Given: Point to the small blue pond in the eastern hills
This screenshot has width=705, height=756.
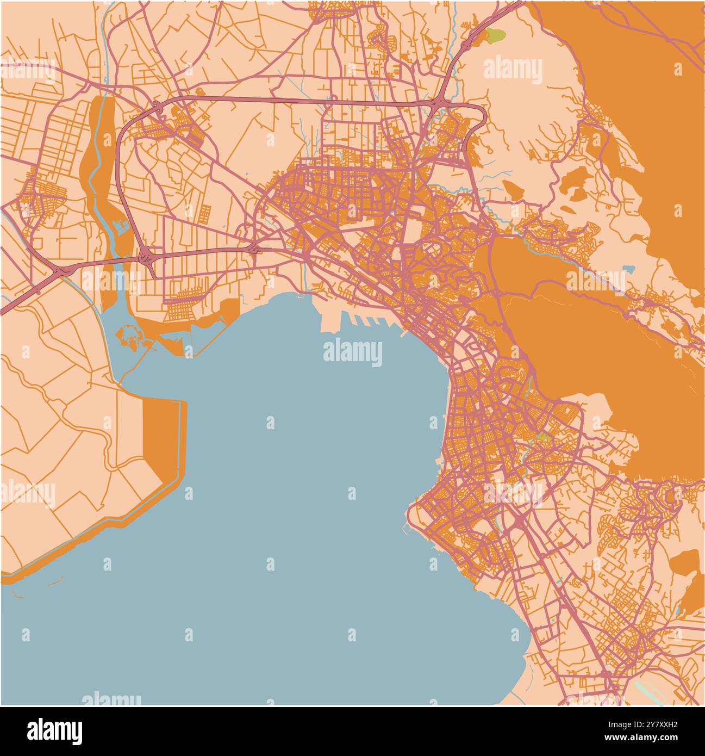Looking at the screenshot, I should (x=629, y=269).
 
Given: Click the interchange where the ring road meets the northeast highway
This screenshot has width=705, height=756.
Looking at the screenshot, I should (x=438, y=102).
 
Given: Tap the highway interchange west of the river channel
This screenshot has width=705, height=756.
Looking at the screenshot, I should (x=59, y=270).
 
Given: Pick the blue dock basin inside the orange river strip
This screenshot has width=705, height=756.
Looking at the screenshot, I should (x=121, y=226).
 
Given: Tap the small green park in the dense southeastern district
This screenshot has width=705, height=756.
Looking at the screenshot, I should (x=542, y=436).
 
